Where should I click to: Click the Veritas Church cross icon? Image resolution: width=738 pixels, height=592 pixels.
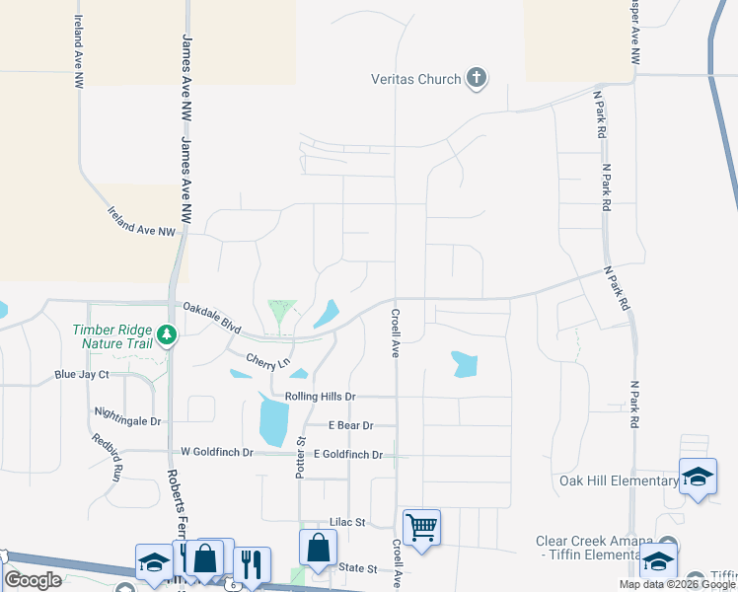click(x=477, y=78)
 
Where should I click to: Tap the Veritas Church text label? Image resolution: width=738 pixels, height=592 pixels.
click(x=416, y=79)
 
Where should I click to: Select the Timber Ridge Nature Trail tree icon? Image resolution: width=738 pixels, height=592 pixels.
click(x=167, y=334)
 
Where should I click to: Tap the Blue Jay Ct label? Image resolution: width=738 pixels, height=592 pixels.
click(x=82, y=375)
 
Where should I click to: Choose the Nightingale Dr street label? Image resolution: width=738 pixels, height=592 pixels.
click(x=127, y=419)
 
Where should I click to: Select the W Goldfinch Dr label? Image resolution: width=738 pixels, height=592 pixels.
click(x=217, y=452)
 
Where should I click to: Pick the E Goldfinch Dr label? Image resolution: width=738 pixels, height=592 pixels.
click(x=346, y=455)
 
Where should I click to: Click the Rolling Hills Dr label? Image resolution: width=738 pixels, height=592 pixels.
click(x=320, y=396)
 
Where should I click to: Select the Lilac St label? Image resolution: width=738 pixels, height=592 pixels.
click(x=347, y=521)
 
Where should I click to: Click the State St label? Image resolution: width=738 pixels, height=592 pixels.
click(x=358, y=568)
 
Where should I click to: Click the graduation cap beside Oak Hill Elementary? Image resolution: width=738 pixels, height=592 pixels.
click(x=698, y=477)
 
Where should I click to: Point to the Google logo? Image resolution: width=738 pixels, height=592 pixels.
click(x=33, y=580)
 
